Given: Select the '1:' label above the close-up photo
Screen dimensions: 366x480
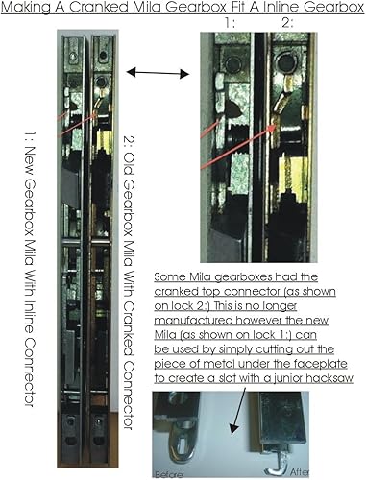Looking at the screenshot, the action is pyautogui.click(x=230, y=23).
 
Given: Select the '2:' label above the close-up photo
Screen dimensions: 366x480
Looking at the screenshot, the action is pyautogui.click(x=287, y=23).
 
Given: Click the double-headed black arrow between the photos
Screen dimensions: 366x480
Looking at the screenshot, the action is pyautogui.click(x=158, y=73).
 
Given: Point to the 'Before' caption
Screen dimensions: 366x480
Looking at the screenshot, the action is pyautogui.click(x=169, y=474).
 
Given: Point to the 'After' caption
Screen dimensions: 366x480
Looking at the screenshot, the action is pyautogui.click(x=300, y=471).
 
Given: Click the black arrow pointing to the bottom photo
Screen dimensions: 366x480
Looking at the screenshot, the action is pyautogui.click(x=239, y=411).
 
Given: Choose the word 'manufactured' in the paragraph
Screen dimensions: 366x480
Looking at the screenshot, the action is pyautogui.click(x=193, y=321).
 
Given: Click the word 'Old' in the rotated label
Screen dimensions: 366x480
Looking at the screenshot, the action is pyautogui.click(x=129, y=165).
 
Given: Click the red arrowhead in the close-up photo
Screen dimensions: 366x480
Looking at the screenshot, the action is pyautogui.click(x=272, y=128).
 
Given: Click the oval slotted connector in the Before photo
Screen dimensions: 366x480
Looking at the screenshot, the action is pyautogui.click(x=180, y=444).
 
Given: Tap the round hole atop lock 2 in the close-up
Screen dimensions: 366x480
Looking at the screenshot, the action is pyautogui.click(x=285, y=62).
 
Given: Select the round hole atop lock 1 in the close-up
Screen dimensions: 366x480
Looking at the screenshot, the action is pyautogui.click(x=233, y=64).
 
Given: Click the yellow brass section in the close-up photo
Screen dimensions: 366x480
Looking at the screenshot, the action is pyautogui.click(x=293, y=175).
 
